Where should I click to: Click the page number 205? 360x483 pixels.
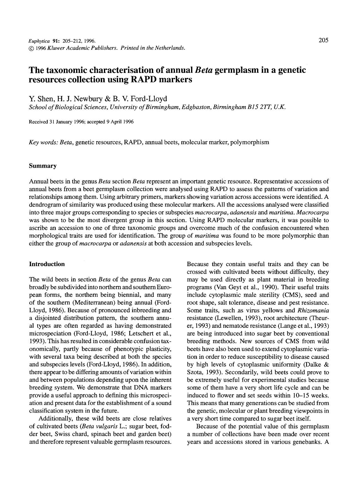click(323, 40)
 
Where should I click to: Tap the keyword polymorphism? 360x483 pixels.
click(250, 142)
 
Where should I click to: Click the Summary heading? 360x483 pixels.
click(43, 166)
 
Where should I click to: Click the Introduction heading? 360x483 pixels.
click(47, 264)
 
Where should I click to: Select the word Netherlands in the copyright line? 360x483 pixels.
click(170, 48)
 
